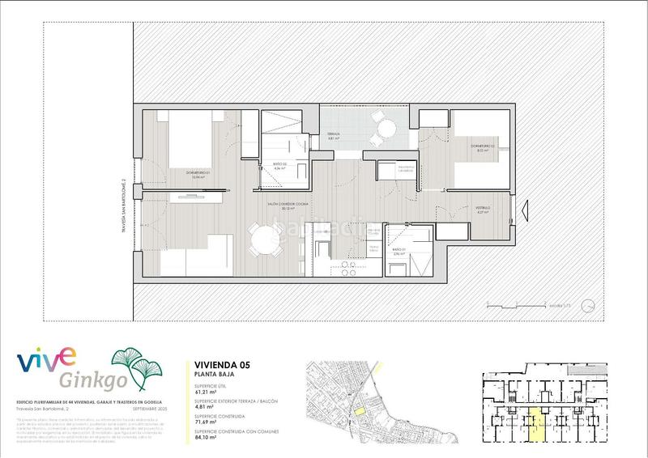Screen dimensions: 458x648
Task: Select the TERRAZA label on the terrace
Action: [333, 136]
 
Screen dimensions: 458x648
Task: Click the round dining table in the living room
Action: [265, 240]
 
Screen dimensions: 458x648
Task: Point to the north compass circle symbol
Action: [590, 305]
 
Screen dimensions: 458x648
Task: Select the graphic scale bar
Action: [514, 305]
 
